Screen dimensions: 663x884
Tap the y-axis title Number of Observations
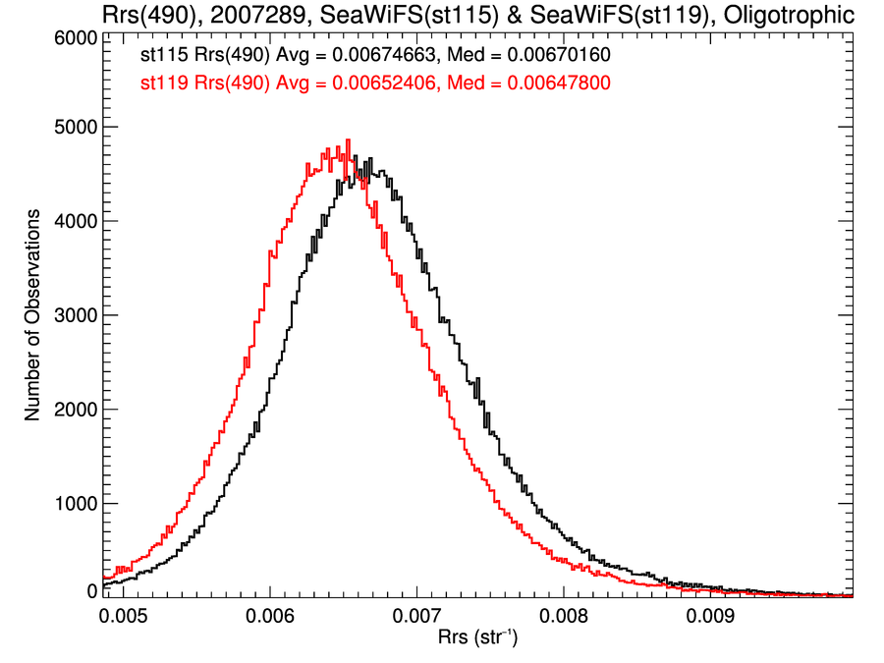pyautogui.click(x=33, y=314)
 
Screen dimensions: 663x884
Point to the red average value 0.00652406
pyautogui.click(x=371, y=84)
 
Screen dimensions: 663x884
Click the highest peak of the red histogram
pyautogui.click(x=348, y=140)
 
